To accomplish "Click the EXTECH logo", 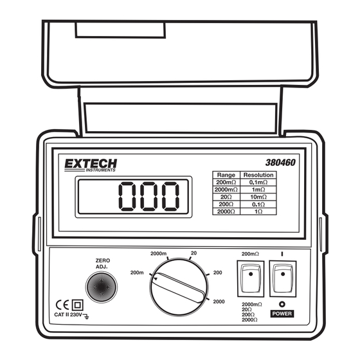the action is click(91, 165).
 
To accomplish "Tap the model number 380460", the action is click(280, 163).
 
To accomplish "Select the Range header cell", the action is click(226, 175).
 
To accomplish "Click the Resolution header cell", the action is click(258, 175).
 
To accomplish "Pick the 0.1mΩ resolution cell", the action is click(258, 183).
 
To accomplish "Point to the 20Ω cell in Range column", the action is click(226, 197).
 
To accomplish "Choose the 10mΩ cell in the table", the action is click(258, 197).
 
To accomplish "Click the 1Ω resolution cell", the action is click(258, 212).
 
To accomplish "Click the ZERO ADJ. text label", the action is click(103, 264).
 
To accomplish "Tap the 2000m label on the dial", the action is click(158, 253).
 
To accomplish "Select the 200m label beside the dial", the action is click(137, 273).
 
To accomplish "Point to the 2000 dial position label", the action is click(219, 301).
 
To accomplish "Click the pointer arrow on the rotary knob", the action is click(156, 279).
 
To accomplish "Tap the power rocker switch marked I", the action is click(283, 279).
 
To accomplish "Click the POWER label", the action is click(282, 314).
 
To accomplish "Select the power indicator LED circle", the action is click(282, 304).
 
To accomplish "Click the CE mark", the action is click(62, 305).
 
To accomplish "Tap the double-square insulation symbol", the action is click(78, 305).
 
